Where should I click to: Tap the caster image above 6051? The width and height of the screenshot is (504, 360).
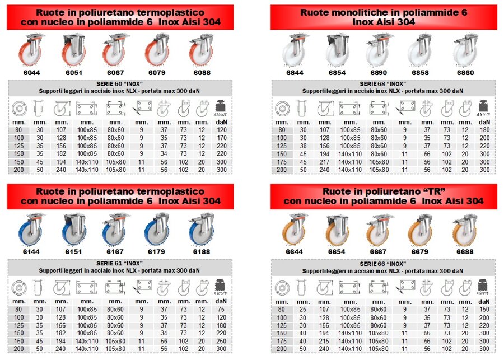click(74, 49)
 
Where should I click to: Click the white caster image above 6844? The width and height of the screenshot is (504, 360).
click(295, 49)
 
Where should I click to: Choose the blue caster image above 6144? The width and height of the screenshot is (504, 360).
click(31, 229)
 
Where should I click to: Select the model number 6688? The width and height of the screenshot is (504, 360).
click(465, 252)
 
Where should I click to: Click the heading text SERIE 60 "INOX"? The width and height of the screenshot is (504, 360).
click(119, 84)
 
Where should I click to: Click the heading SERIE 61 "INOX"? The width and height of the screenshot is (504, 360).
click(119, 263)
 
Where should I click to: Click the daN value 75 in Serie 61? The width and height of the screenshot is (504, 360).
click(221, 308)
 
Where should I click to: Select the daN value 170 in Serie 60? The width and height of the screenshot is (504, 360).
click(221, 138)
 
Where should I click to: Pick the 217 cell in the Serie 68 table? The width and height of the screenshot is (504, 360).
click(324, 161)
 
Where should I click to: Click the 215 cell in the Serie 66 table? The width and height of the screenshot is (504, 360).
click(324, 340)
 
